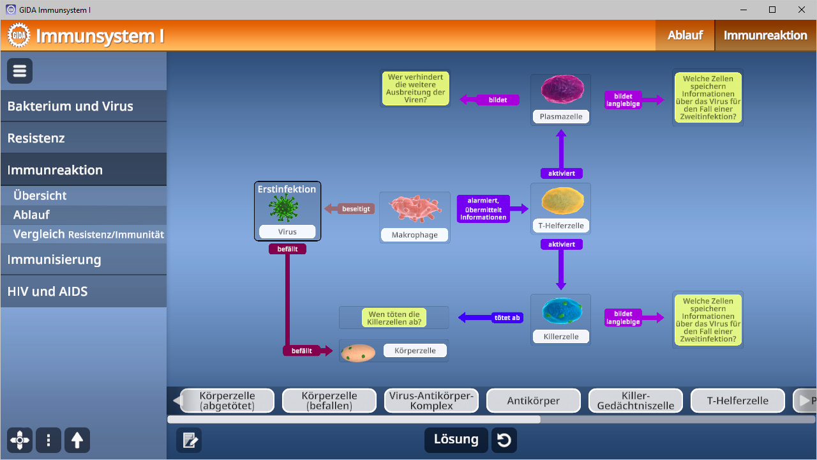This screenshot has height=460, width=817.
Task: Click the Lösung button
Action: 456,440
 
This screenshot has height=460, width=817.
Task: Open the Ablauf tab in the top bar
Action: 685,35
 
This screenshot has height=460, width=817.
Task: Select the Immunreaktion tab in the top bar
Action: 765,35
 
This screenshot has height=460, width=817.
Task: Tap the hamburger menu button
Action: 20,71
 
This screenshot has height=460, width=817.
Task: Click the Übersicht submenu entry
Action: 40,195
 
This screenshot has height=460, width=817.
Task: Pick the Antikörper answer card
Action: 533,401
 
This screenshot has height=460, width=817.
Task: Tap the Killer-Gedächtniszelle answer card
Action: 635,401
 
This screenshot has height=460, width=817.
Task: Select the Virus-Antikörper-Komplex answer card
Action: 431,401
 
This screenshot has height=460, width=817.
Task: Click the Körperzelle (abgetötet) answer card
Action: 227,401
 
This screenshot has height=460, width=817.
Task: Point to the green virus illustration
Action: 283,208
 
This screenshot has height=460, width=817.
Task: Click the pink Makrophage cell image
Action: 415,209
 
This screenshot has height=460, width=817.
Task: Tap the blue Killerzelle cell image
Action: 562,310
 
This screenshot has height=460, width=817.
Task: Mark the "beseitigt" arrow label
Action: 356,209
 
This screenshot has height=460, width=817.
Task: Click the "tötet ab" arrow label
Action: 507,318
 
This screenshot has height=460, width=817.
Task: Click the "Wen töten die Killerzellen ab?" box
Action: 394,318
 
